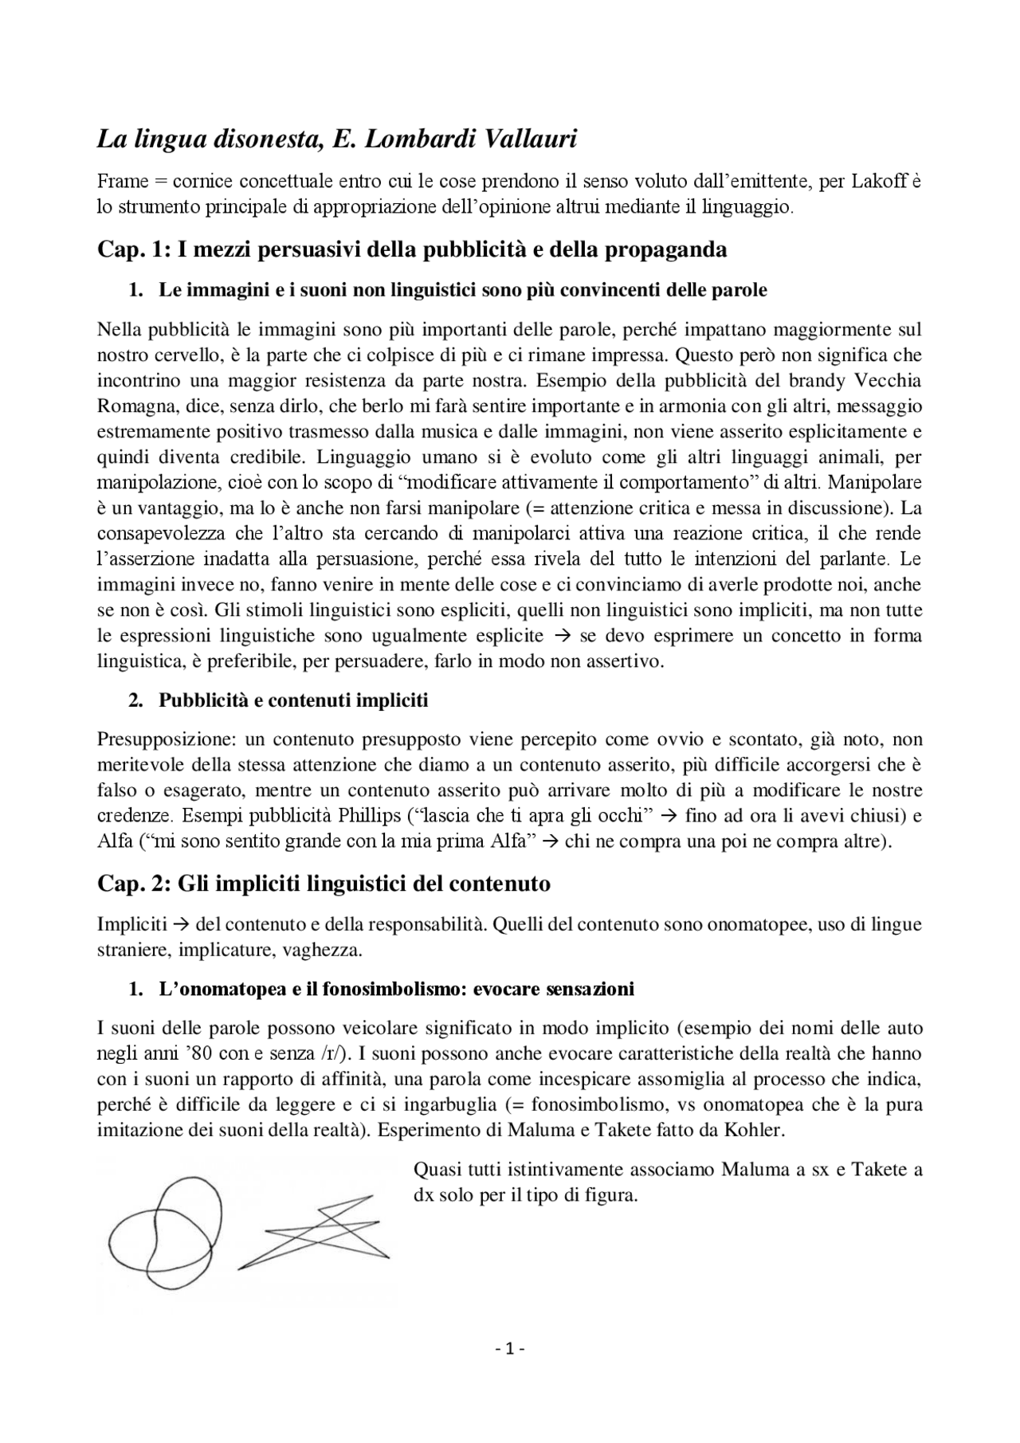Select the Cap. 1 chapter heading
pos(411,249)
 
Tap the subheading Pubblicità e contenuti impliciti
pos(292,700)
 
